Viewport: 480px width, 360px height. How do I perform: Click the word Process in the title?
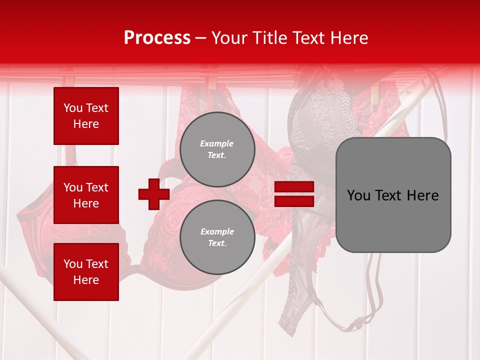[157, 38]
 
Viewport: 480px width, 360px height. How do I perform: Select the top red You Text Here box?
[86, 116]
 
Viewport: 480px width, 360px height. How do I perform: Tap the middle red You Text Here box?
[86, 195]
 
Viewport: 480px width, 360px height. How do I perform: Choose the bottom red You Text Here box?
[86, 272]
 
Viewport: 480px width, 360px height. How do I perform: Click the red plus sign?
[154, 194]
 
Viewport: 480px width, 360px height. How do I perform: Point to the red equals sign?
[294, 194]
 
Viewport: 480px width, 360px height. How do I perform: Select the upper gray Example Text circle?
[217, 149]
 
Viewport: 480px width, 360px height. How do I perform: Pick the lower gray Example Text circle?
[217, 237]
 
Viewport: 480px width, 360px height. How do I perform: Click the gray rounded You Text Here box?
[393, 195]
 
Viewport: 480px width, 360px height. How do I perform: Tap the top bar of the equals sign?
[294, 187]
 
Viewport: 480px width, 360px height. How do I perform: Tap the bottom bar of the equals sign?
[294, 201]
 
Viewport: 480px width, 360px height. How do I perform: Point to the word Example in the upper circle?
[217, 144]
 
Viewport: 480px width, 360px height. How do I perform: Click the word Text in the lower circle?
[217, 243]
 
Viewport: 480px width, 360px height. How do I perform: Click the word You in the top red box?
[72, 108]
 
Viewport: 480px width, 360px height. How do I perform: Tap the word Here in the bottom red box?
[86, 280]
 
